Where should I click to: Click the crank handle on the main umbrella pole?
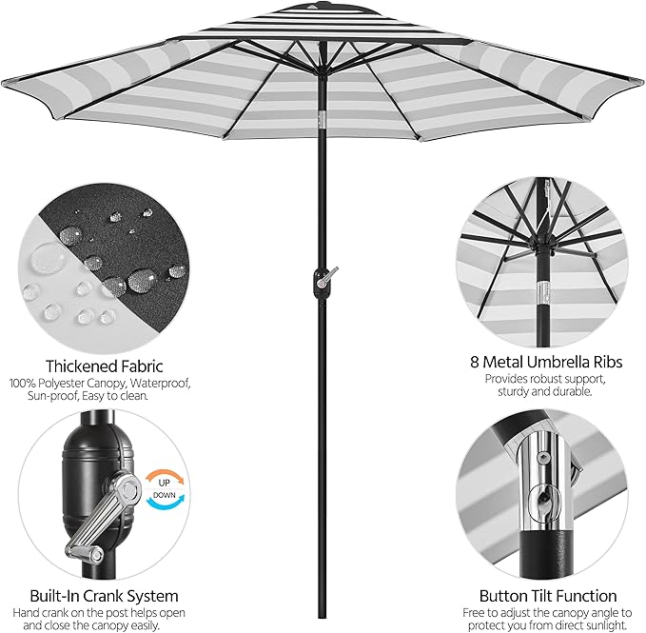(x=326, y=277)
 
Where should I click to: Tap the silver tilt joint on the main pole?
(x=322, y=119)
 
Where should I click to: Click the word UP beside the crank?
(x=164, y=483)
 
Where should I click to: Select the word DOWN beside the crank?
(x=164, y=495)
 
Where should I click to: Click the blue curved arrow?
(x=165, y=503)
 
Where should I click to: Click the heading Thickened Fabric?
(x=105, y=366)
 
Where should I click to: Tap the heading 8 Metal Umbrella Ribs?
(x=546, y=363)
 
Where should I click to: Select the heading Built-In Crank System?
(x=104, y=596)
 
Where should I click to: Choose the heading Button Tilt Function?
(x=548, y=596)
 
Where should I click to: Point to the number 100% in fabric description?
(x=23, y=384)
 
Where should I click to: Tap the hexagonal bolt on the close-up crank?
(x=129, y=489)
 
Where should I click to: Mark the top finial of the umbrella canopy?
(x=314, y=5)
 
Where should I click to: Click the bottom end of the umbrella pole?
(x=322, y=618)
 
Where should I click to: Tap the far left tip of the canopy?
(x=3, y=83)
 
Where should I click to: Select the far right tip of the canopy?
(x=642, y=81)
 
